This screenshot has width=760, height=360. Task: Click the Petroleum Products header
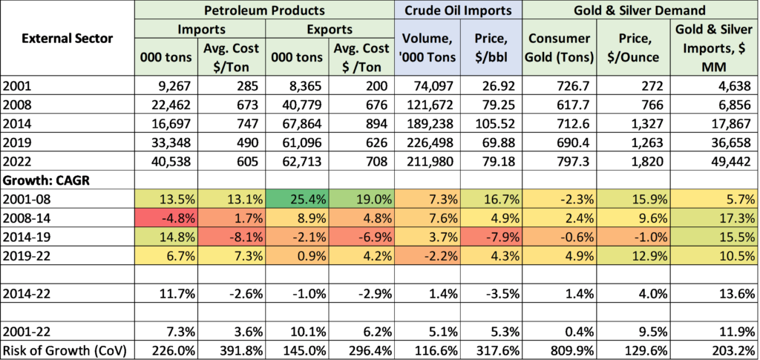pyautogui.click(x=264, y=10)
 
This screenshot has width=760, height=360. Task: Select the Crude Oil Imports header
pyautogui.click(x=458, y=10)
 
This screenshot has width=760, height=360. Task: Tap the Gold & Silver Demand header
pyautogui.click(x=641, y=10)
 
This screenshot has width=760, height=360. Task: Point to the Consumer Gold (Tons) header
pyautogui.click(x=558, y=48)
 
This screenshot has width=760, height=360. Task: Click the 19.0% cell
pyautogui.click(x=361, y=199)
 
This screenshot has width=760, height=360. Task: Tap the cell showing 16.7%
pyautogui.click(x=491, y=199)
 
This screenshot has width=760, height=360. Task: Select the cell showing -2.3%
pyautogui.click(x=558, y=199)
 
